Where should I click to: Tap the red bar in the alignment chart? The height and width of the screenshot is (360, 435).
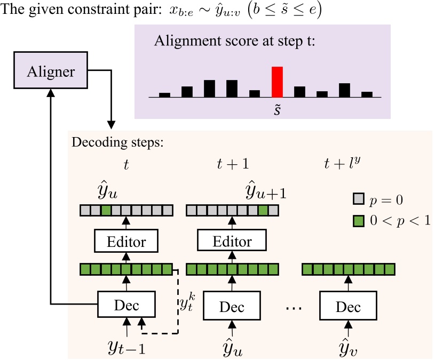click(x=277, y=82)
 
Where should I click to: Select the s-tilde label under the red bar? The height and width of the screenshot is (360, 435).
click(x=277, y=108)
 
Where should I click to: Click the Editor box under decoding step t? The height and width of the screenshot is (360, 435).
click(x=127, y=242)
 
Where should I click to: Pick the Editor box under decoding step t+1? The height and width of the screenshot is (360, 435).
click(x=232, y=242)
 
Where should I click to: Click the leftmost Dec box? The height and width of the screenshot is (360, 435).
click(x=127, y=306)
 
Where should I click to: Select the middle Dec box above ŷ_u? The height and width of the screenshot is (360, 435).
click(x=232, y=307)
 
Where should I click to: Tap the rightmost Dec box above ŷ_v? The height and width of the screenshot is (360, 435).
click(x=348, y=307)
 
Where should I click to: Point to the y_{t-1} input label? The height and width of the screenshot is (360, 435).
click(x=127, y=347)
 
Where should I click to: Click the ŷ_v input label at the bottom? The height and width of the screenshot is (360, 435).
click(x=347, y=347)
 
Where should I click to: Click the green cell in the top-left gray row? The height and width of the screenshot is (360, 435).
click(x=106, y=211)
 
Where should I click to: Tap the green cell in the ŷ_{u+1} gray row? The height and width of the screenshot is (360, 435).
click(x=263, y=211)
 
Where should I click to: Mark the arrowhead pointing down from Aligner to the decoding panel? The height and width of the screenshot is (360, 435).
click(x=111, y=124)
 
